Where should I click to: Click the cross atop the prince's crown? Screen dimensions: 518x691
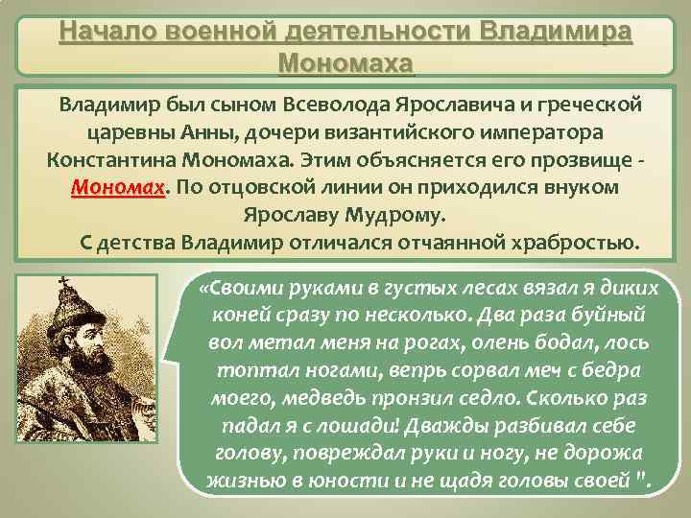(64, 283)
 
